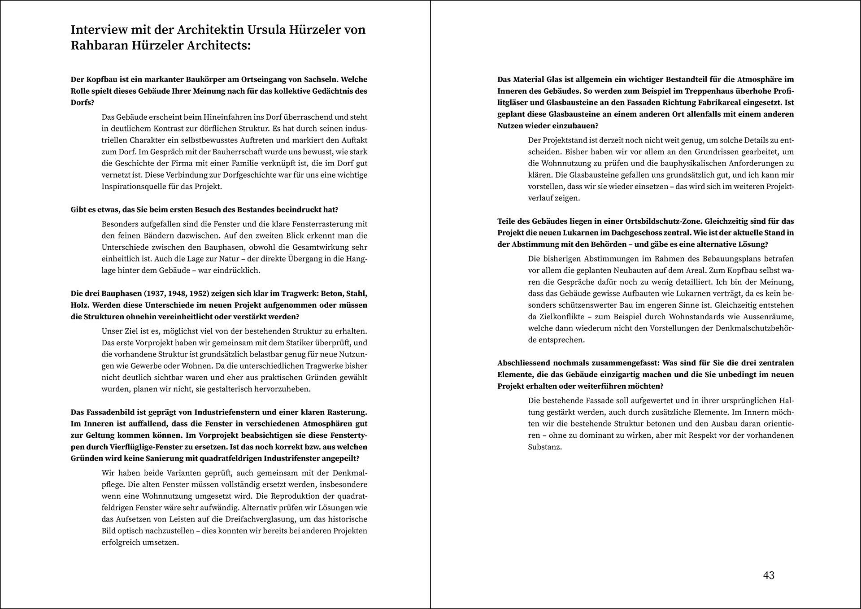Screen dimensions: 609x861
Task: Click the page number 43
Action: [x=769, y=575]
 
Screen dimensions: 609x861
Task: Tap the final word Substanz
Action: [x=545, y=447]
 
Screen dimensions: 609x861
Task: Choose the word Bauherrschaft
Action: [x=224, y=152]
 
